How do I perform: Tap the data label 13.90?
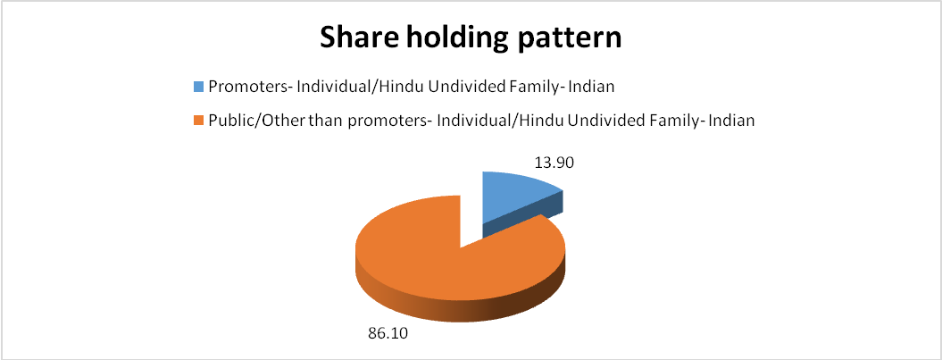coord(553,163)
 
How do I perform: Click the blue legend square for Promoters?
coord(199,88)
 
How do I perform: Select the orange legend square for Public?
coord(199,121)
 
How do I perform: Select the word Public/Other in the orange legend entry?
coord(246,121)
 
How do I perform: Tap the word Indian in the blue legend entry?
coord(596,88)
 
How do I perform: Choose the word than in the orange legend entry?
coord(296,121)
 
